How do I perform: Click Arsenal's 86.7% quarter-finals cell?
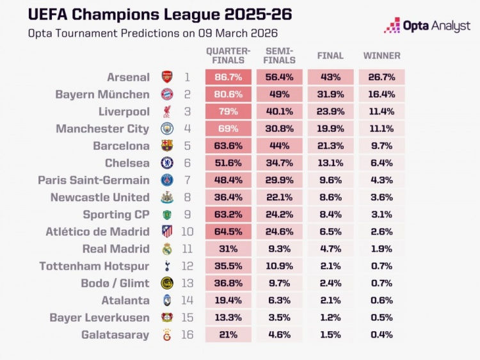(228, 77)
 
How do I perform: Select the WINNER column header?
(381, 56)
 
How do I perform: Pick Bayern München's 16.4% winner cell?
(381, 94)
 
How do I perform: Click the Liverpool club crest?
(167, 111)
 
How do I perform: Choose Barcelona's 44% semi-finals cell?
(280, 145)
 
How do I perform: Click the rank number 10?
(188, 231)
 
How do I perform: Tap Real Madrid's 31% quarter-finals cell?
(228, 249)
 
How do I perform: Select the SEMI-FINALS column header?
(280, 56)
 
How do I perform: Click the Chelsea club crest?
(167, 163)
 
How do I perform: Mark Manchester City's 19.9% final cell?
(330, 129)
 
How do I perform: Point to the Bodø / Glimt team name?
(112, 283)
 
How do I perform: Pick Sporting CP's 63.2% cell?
(228, 215)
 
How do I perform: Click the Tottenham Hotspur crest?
(167, 266)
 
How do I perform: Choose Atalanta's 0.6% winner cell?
(381, 300)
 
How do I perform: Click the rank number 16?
(188, 334)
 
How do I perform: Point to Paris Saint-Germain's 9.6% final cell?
(330, 180)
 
